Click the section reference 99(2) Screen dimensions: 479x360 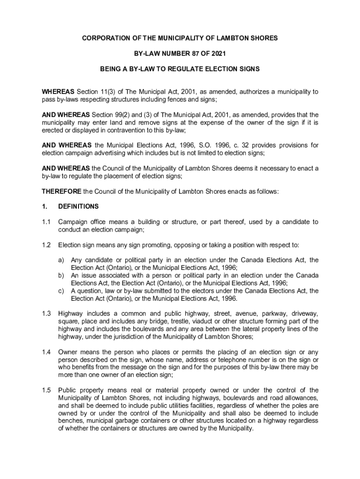[x=119, y=115]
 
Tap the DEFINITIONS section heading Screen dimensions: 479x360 [x=78, y=206]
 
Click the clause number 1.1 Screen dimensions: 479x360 [x=46, y=222]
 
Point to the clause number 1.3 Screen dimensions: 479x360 [x=46, y=313]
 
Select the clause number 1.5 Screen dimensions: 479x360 [x=46, y=390]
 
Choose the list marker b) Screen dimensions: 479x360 [x=61, y=276]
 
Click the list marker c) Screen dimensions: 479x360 [x=61, y=290]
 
